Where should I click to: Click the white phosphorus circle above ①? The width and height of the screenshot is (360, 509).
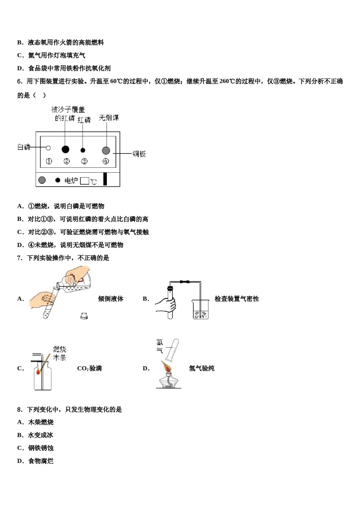coord(48,148)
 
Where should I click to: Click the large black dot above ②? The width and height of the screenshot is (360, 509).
coord(66,150)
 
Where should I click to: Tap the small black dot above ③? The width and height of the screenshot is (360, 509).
coord(83,150)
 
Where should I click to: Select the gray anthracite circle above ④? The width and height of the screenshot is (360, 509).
coord(106,150)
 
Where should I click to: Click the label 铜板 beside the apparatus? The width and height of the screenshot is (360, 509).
coord(139,154)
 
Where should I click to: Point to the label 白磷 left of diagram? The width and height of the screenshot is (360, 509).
coord(24,147)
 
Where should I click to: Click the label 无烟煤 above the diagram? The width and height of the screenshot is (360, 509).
coord(109,118)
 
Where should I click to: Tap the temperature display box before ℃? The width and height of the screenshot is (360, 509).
coord(85,181)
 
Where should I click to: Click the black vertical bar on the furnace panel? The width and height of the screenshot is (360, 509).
coord(105,179)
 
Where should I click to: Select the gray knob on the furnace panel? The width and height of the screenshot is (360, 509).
coord(42,180)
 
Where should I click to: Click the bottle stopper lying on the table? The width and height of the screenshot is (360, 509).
coord(84,315)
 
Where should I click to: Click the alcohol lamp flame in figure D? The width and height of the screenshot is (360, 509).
coord(166,366)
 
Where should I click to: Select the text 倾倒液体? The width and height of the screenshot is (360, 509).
coord(111,299)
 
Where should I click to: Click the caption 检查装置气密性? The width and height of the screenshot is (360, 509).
coord(237,299)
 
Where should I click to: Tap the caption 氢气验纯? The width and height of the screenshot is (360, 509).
coord(202,368)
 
